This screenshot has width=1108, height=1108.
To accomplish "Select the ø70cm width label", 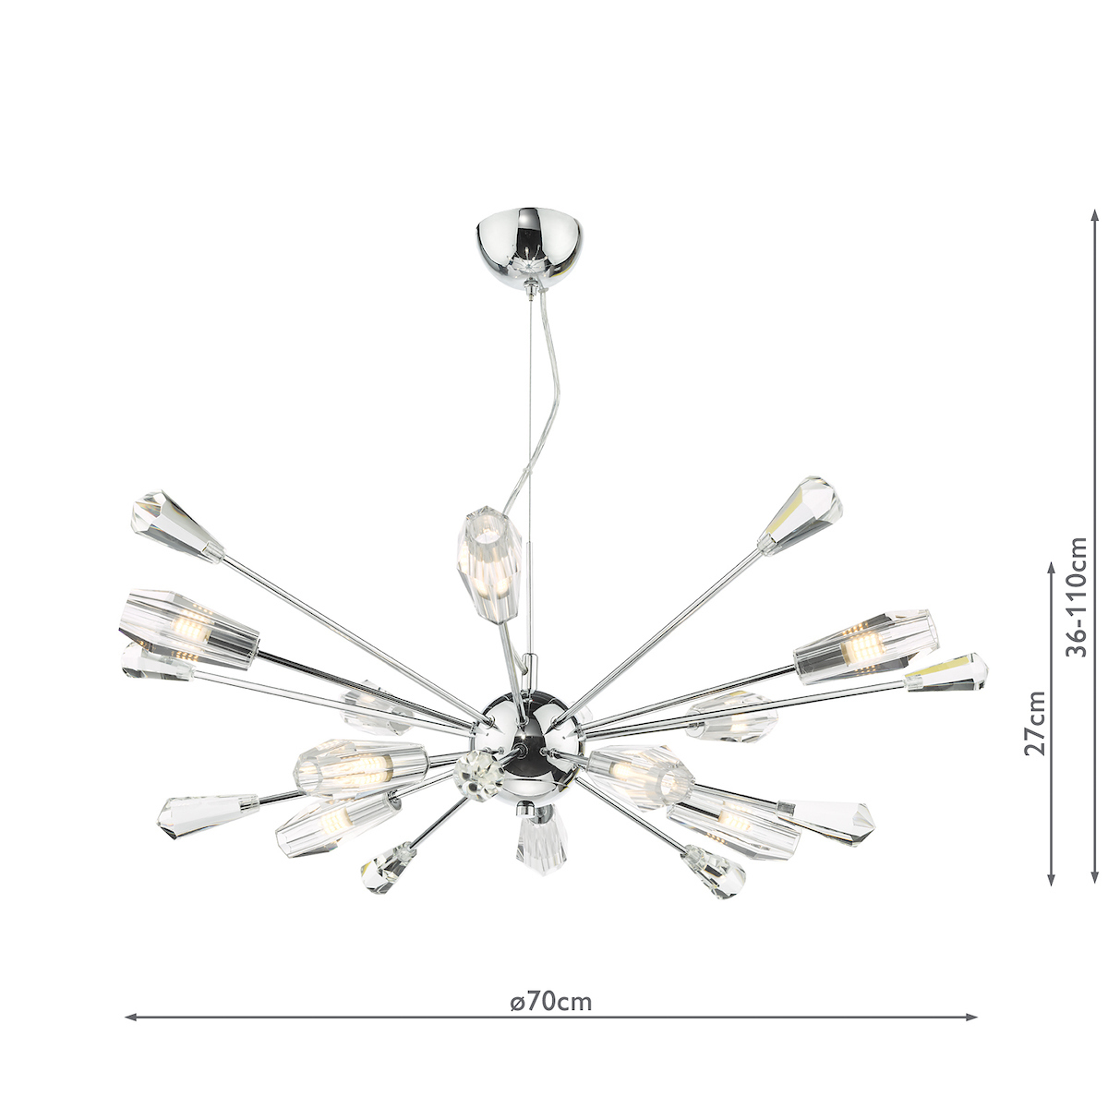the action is [551, 1002].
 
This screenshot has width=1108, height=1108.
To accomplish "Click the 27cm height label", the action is [1036, 723].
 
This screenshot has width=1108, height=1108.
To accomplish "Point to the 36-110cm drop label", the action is [1076, 596].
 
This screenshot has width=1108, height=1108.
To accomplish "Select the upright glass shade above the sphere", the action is [489, 563].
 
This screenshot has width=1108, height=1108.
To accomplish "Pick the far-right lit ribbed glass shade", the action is [866, 647].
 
